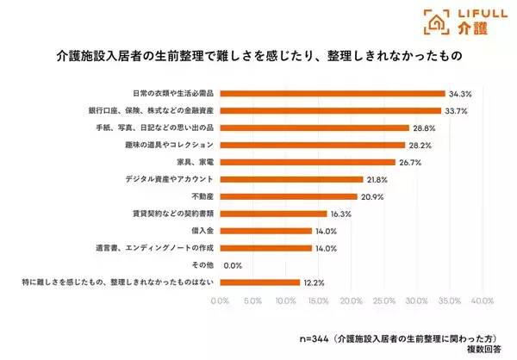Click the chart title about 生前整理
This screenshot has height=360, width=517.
coord(258,57)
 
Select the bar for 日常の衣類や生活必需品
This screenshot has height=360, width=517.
coord(332,93)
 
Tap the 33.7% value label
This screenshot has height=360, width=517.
coord(455,110)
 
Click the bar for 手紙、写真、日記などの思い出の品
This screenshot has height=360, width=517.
coord(314,127)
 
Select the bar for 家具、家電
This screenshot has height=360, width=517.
coord(307,162)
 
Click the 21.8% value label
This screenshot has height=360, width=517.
coord(377,179)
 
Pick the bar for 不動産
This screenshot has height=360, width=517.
coord(288,196)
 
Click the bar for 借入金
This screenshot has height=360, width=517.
coord(265,231)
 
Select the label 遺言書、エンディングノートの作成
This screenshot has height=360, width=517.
coord(155,248)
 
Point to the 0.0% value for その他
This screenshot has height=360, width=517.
coord(232,265)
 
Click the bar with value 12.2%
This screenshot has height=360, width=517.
coord(259,282)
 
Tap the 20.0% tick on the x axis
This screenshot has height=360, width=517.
coord(351,301)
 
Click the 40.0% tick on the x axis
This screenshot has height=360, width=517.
coord(482,301)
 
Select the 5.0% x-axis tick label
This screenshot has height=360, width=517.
coord(252,301)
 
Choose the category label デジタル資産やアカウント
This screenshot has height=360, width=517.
coord(172,179)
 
